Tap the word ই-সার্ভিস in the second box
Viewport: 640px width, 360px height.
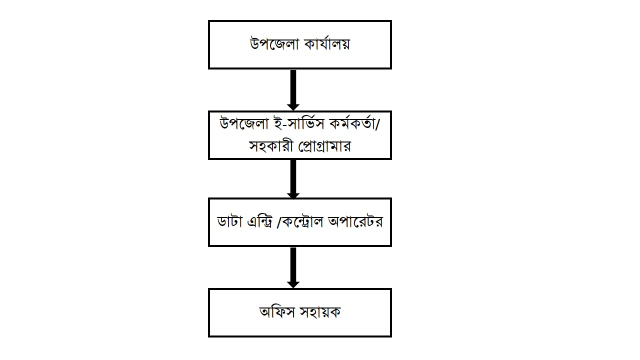299,124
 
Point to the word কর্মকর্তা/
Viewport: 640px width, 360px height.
354,123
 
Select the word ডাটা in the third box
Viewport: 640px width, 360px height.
229,222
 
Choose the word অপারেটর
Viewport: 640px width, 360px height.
355,222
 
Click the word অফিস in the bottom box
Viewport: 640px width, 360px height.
277,312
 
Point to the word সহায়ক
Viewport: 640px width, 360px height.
320,312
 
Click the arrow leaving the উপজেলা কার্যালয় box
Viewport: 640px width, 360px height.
293,90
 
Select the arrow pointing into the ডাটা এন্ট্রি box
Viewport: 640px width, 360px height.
293,179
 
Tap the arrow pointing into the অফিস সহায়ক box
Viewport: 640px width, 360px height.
293,267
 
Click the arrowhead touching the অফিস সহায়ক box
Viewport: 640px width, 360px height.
293,284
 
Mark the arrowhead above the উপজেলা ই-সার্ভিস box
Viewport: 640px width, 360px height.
293,107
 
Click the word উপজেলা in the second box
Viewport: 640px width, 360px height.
244,124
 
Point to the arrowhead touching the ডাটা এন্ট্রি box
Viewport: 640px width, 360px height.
293,195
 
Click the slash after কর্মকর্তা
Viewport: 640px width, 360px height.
377,123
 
